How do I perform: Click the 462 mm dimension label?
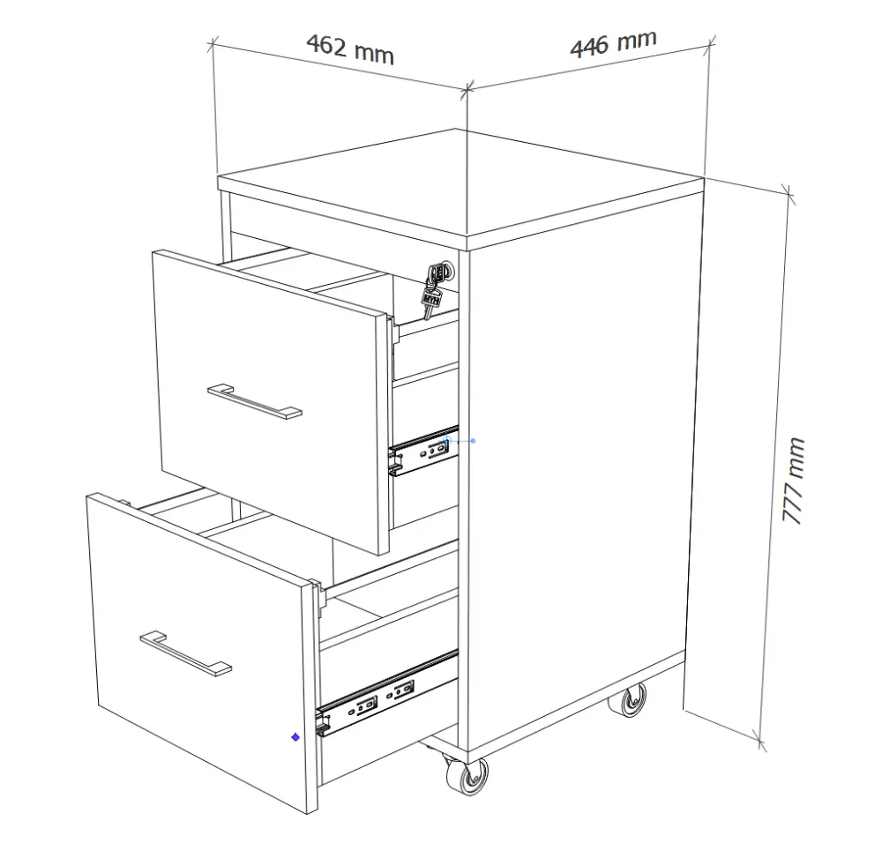pos(350,49)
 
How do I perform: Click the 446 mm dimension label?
pos(613,43)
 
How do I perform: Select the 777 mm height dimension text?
pos(794,481)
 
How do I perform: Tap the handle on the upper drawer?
pos(255,401)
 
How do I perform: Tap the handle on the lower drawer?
pos(185,653)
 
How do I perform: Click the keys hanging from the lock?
pos(434,289)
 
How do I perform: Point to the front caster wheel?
pos(467,776)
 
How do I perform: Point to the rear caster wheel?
pos(629,700)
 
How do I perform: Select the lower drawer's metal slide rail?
pos(387,693)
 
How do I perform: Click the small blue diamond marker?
pos(295,737)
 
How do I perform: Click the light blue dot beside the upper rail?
pos(473,441)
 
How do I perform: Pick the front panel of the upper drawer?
pos(271,401)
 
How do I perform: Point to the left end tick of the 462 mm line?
pos(213,44)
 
